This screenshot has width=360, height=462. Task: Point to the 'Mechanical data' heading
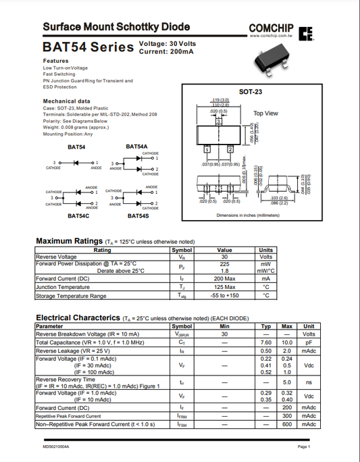point(67,101)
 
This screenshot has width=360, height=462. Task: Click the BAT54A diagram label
point(136,146)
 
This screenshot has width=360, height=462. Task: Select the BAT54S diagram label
point(138,215)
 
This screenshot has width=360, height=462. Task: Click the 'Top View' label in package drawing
point(265,113)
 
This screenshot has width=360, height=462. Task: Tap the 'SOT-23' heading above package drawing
point(251,91)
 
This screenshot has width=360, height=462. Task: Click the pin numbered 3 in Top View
point(218,121)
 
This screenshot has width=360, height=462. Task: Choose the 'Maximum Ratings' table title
point(68,241)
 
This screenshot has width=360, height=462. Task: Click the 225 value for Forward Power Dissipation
point(224,264)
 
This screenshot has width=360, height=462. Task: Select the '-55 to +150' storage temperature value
point(224,295)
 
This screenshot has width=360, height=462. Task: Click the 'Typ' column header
point(266,326)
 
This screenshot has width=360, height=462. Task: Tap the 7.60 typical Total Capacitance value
point(266,342)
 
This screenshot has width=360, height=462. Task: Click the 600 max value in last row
point(287,424)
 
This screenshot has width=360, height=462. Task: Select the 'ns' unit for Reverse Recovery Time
point(309,382)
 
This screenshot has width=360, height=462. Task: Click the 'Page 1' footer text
point(303,447)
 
